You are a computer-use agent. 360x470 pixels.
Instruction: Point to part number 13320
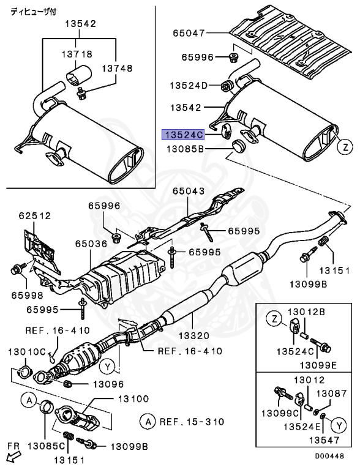click(x=193, y=335)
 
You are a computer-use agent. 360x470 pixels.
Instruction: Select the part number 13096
click(x=108, y=384)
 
